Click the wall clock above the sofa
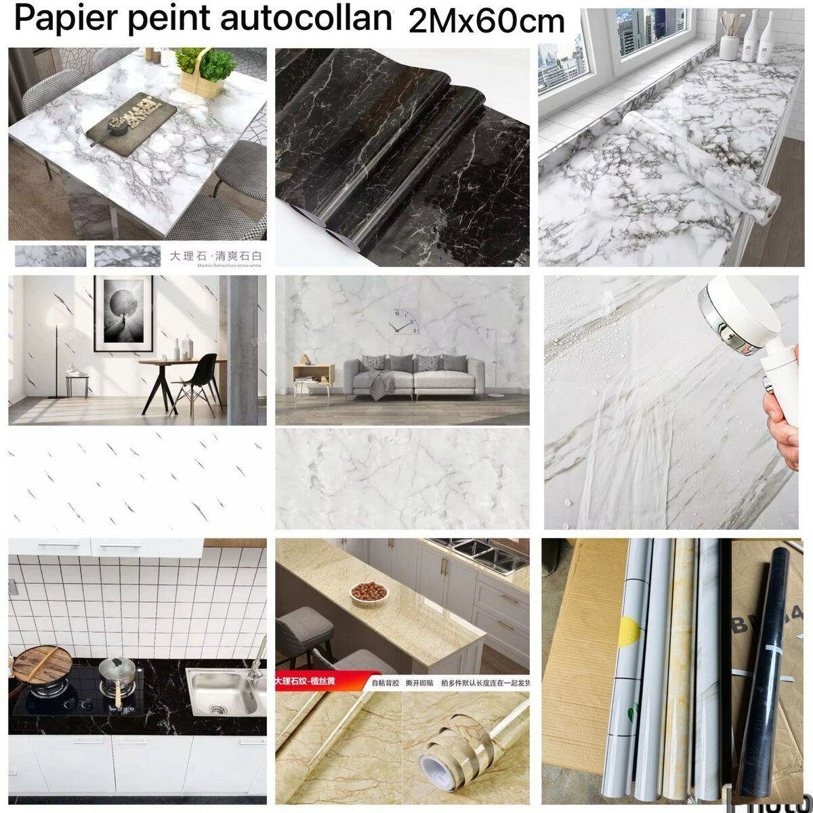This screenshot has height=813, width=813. point(404,320)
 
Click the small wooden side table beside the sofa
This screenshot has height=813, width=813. point(313,379)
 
